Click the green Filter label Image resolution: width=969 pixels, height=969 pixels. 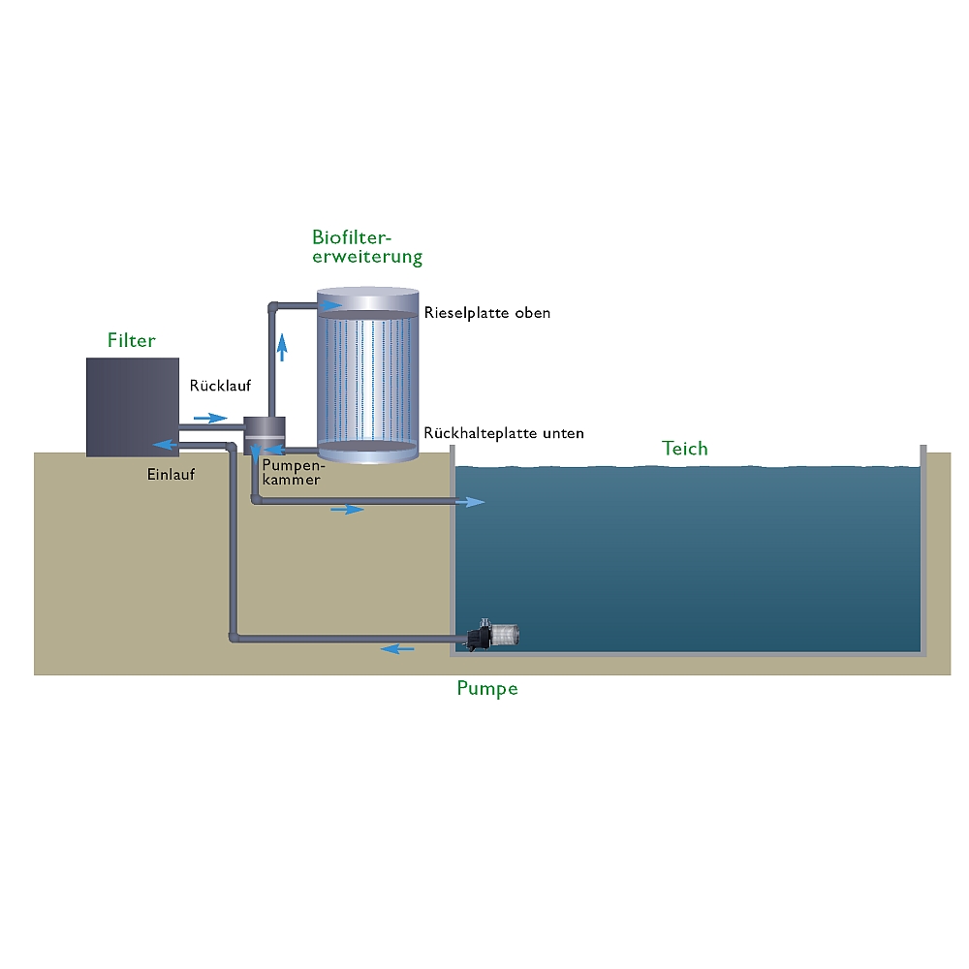tap(131, 340)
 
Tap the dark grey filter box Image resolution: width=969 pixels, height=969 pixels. tap(133, 406)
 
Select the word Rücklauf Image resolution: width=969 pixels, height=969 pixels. tap(220, 385)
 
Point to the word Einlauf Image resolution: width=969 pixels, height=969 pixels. tap(171, 474)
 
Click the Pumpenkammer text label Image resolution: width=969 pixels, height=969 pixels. tap(292, 472)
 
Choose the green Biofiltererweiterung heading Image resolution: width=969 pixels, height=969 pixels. tap(367, 247)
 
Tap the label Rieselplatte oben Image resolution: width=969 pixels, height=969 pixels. tap(486, 313)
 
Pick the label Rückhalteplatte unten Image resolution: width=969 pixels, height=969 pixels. tap(504, 433)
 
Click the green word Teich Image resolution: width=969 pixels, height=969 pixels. tap(685, 449)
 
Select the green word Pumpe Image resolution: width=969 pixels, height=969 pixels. tap(486, 689)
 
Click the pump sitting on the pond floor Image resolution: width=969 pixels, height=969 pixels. tap(495, 635)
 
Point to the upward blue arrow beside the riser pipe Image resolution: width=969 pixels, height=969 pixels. tap(282, 346)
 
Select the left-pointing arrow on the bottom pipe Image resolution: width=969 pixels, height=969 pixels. tap(397, 648)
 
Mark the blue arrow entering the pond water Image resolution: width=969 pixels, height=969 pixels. tap(471, 501)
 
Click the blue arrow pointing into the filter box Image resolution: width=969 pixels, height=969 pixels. tap(164, 446)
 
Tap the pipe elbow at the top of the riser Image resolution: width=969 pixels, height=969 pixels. tap(273, 306)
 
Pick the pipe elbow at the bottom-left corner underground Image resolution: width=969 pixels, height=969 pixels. tap(234, 637)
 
